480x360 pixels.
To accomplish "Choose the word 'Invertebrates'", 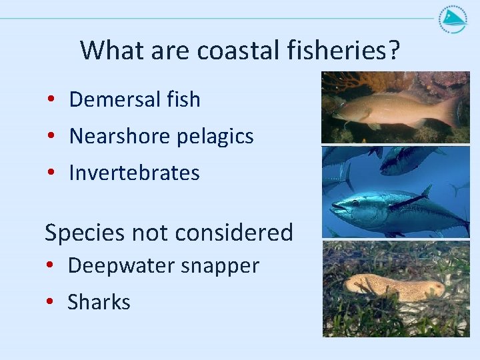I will click(x=134, y=173).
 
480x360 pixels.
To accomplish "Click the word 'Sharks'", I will click(x=99, y=302).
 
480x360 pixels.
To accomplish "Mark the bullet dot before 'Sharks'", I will click(x=51, y=302).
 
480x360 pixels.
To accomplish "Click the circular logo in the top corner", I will click(x=453, y=20).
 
